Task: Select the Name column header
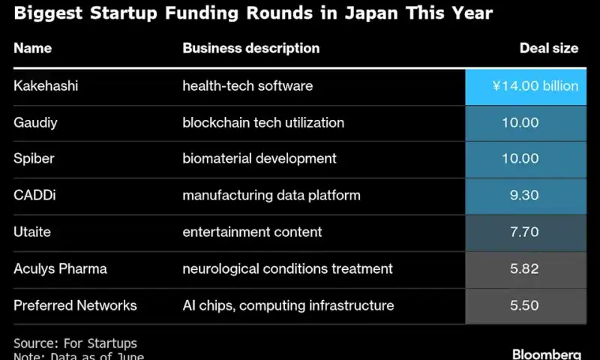[x=32, y=48]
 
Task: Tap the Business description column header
[x=250, y=48]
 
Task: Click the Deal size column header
[x=548, y=48]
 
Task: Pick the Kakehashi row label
[x=46, y=86]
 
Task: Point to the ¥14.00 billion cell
[x=534, y=86]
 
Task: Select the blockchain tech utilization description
[x=263, y=122]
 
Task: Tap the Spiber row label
[x=34, y=158]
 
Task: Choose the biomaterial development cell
[x=259, y=158]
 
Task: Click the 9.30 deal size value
[x=523, y=195]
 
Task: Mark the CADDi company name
[x=34, y=195]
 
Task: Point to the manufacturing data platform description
[x=271, y=195]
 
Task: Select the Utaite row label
[x=32, y=232]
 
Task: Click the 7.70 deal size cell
[x=523, y=232]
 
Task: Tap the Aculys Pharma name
[x=60, y=268]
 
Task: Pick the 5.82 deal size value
[x=523, y=268]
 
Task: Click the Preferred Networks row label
[x=75, y=305]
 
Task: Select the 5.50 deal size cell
[x=523, y=305]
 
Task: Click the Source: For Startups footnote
[x=75, y=343]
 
